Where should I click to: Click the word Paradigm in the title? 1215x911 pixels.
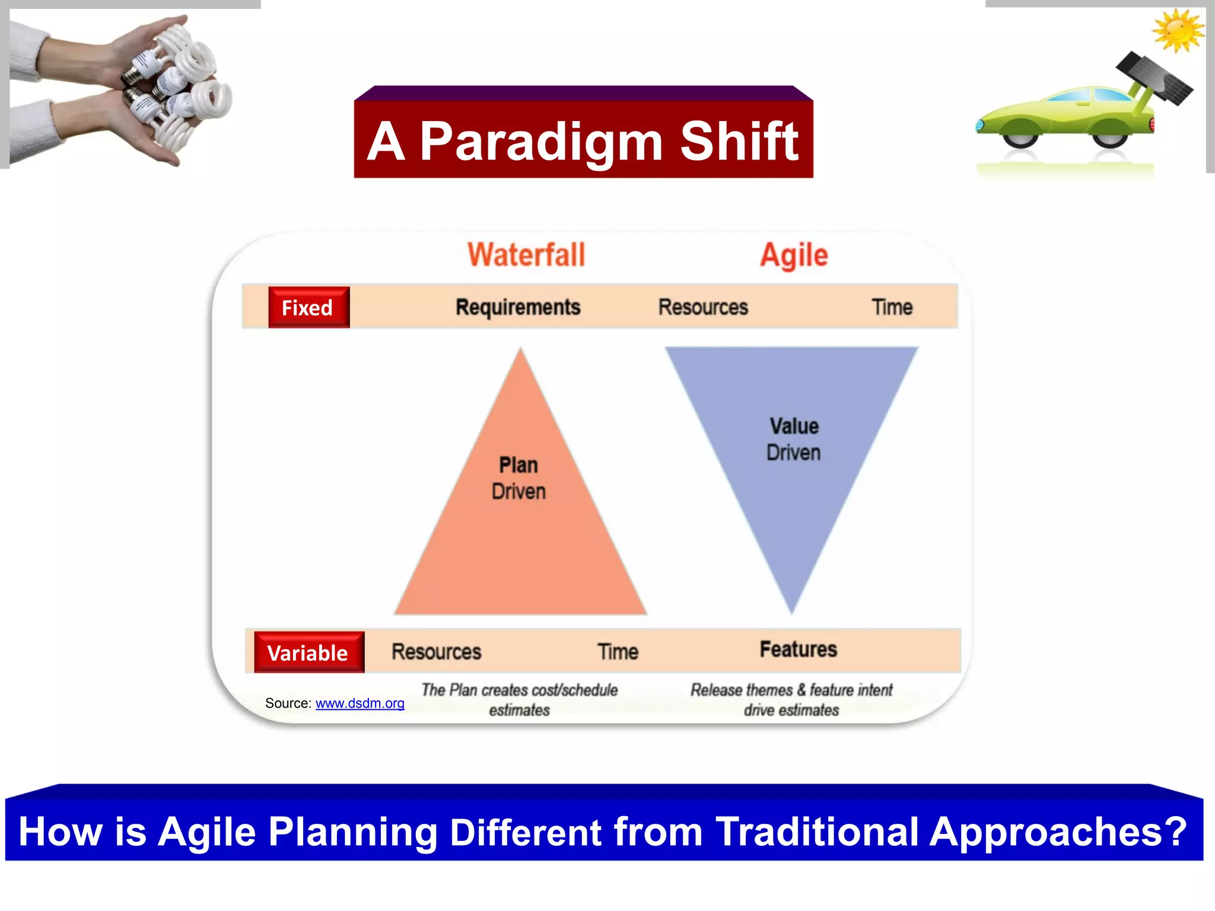(540, 142)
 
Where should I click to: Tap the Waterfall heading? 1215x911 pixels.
(526, 256)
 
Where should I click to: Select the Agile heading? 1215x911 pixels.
(794, 256)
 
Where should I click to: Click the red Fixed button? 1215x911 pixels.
(308, 308)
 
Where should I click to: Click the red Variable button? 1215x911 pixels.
(308, 653)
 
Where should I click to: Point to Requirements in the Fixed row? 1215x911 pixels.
(518, 307)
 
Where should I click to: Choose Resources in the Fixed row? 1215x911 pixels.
(703, 307)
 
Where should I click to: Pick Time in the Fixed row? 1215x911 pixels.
(892, 307)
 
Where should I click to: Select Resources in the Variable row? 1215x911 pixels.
(436, 652)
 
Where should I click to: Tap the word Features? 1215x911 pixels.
(798, 649)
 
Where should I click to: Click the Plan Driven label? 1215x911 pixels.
(519, 478)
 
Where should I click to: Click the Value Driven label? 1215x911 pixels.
(794, 439)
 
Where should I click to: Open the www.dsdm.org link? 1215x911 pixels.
(360, 703)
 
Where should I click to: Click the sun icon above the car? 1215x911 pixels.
(1177, 31)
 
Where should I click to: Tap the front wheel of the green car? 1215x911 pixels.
(1020, 137)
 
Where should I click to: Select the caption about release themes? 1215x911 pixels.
(791, 700)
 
